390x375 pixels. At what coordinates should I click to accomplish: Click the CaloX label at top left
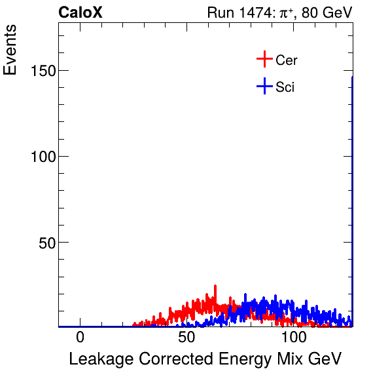80,12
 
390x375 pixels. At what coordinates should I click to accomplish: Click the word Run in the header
219,12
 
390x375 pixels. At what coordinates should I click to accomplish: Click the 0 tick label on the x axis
80,338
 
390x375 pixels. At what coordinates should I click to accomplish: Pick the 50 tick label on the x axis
186,338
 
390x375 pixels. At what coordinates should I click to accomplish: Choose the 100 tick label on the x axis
294,338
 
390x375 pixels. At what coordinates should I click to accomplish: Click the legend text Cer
287,60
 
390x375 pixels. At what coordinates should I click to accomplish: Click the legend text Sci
285,87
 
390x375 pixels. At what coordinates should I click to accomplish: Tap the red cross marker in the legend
264,60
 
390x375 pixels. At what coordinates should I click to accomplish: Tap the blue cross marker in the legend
264,86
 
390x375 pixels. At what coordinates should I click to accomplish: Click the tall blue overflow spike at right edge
352,197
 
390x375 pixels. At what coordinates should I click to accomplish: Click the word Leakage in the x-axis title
99,359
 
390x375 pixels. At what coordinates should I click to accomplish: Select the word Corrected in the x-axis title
171,359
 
